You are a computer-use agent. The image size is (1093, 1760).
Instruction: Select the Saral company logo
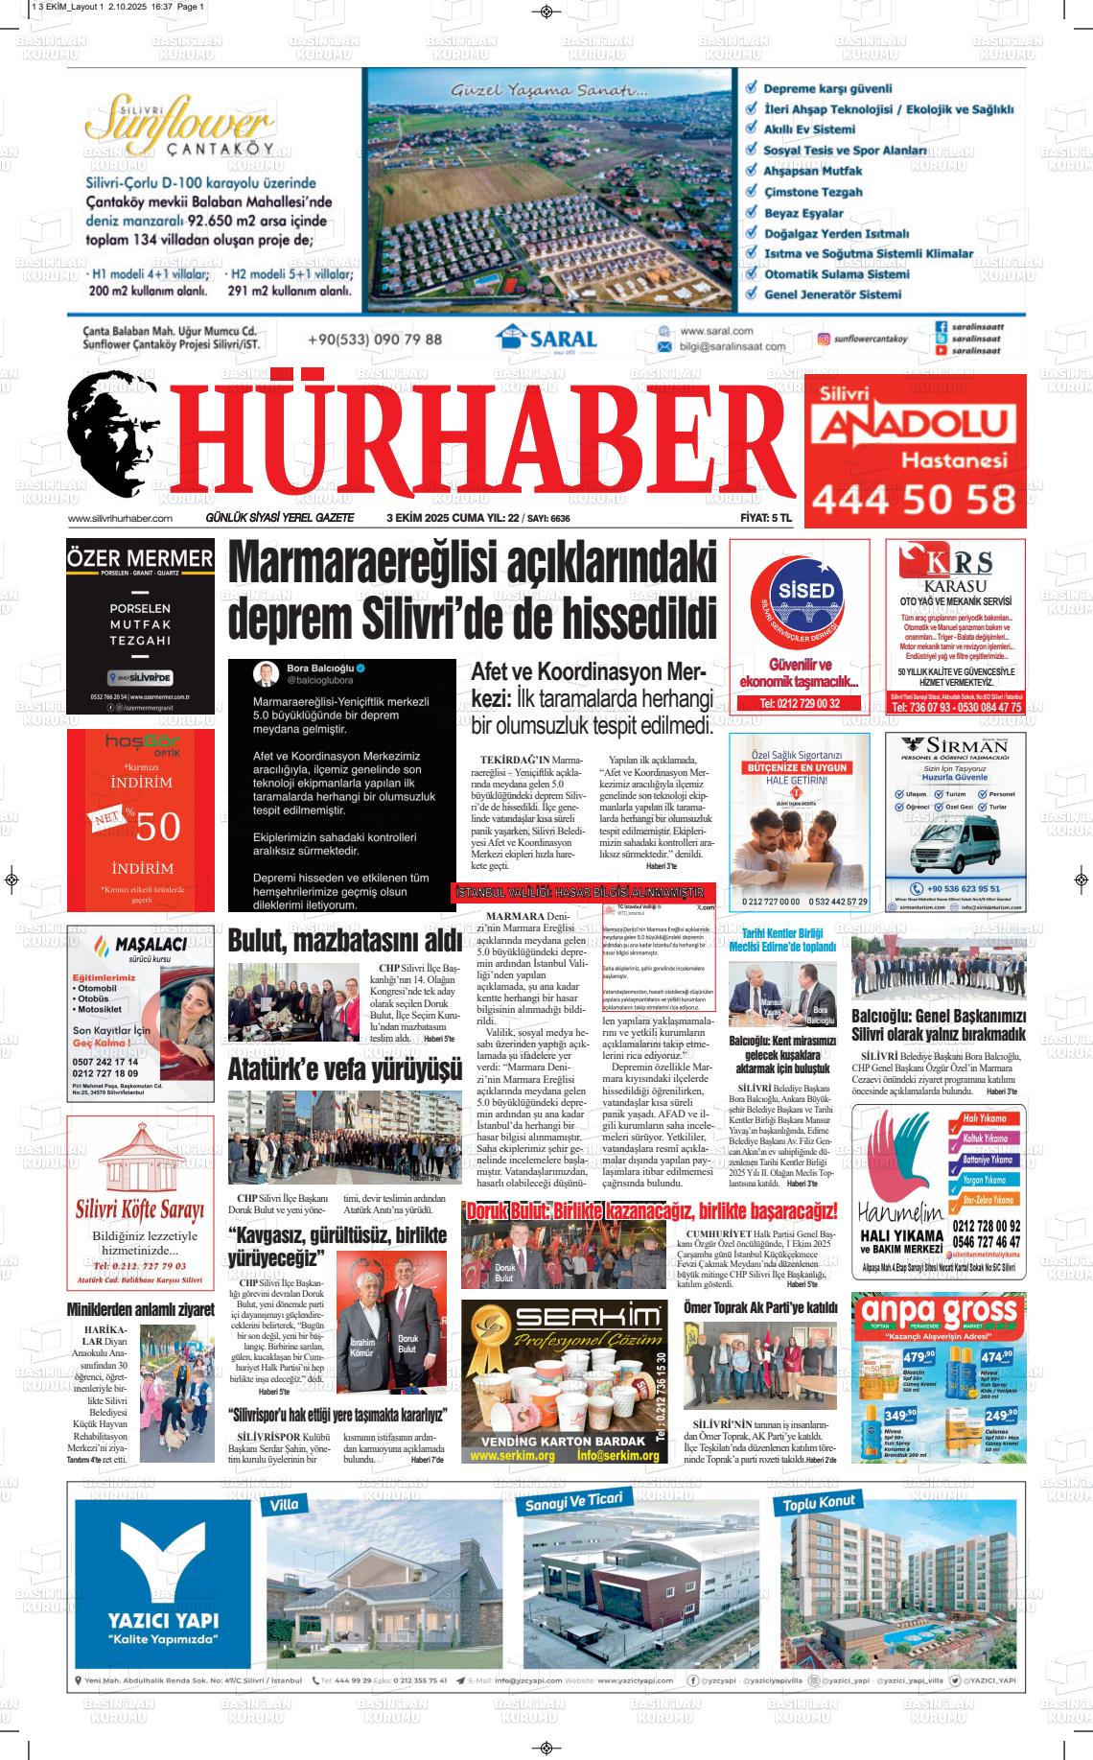(x=546, y=339)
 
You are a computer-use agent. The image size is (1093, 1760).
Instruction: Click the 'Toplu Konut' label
(x=819, y=1502)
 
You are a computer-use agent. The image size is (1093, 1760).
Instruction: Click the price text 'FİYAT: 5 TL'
(x=766, y=518)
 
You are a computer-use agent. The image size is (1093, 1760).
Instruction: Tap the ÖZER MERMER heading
(x=141, y=558)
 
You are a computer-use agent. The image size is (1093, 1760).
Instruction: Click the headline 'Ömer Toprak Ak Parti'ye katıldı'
(x=760, y=1307)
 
